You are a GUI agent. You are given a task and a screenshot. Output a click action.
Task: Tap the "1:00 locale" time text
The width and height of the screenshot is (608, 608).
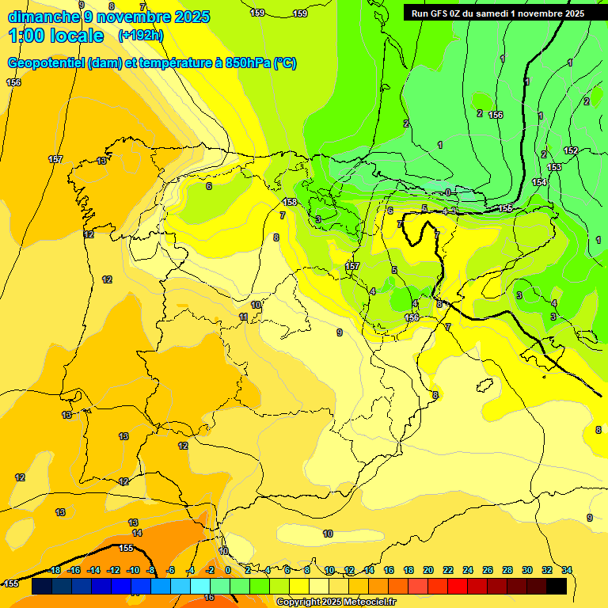[x=56, y=36]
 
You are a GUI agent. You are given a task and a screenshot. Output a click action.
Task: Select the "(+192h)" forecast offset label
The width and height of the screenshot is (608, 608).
[x=140, y=36]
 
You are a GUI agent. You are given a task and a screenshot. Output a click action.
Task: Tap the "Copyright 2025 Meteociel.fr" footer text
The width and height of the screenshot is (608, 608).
[x=336, y=602]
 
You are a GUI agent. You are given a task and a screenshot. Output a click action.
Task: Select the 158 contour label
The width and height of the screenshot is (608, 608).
[x=290, y=203]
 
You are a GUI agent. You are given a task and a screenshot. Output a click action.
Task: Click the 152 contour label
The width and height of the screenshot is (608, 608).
[x=570, y=150]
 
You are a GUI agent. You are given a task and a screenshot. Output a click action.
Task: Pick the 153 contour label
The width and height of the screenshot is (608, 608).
[x=554, y=167]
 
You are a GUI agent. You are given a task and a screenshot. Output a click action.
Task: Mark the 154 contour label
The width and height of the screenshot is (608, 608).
[x=539, y=183]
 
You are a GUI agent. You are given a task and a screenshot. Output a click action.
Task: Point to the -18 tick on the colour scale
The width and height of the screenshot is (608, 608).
[x=55, y=571]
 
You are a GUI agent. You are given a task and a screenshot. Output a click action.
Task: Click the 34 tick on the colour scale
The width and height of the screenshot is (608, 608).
[x=566, y=571]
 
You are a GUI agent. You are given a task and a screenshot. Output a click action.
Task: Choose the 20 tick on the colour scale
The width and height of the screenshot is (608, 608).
[x=428, y=571]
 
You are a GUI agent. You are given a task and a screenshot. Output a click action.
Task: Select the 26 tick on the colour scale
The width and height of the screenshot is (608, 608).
[x=488, y=571]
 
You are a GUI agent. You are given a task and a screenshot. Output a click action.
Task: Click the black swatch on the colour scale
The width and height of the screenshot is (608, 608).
[x=557, y=587]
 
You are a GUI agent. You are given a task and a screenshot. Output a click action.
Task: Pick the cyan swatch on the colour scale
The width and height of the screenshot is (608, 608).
[x=200, y=587]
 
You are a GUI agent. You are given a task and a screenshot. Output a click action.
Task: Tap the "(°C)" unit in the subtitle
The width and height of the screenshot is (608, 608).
[x=285, y=63]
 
